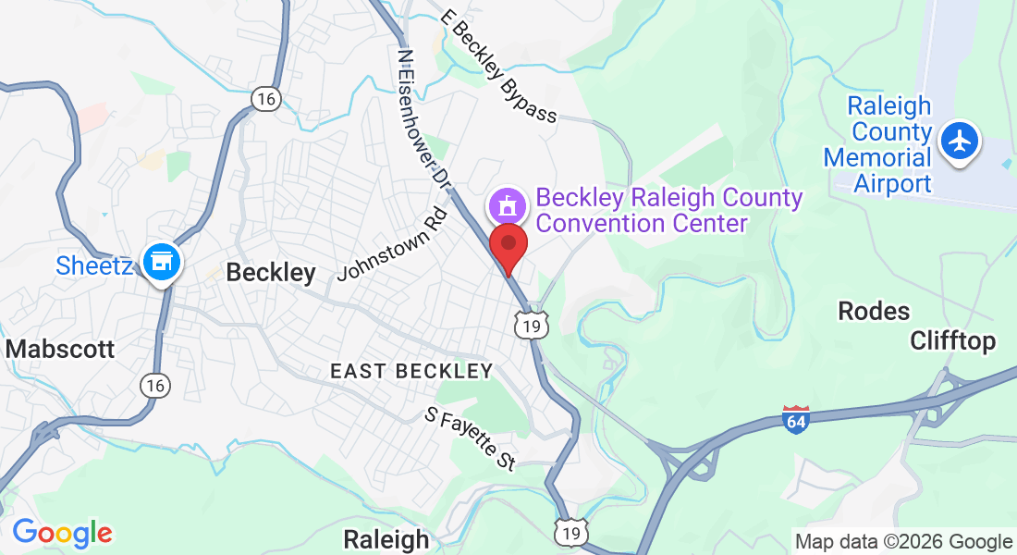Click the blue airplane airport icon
[962, 142]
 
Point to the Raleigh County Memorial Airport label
[878, 144]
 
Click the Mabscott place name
[60, 349]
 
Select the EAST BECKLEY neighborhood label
[411, 372]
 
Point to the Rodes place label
[874, 311]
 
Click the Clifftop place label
[953, 341]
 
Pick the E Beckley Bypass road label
[499, 67]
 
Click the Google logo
[62, 533]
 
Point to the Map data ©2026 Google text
[904, 542]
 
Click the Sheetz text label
[95, 265]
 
